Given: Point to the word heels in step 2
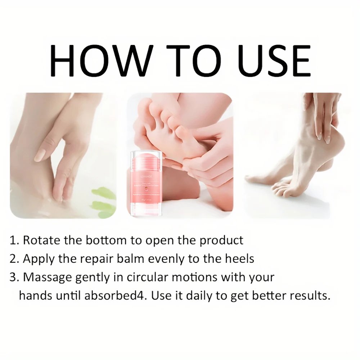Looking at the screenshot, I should click(239, 259).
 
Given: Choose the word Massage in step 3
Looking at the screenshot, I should click(47, 278).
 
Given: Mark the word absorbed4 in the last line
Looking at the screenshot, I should click(116, 296).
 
